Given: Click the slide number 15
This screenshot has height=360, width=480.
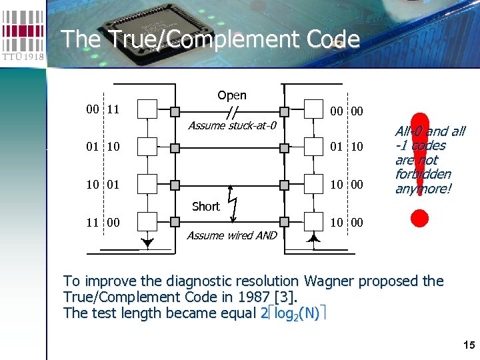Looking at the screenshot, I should pyautogui.click(x=468, y=345).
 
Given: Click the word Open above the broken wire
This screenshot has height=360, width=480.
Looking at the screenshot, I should pyautogui.click(x=232, y=95).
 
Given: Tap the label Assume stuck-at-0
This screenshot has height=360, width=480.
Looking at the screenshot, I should pyautogui.click(x=232, y=125).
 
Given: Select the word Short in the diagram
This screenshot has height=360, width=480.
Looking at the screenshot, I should pyautogui.click(x=205, y=207).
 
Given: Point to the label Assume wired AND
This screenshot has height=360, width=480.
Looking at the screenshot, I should pyautogui.click(x=232, y=235).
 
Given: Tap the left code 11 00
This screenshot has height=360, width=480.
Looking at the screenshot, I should pyautogui.click(x=103, y=222).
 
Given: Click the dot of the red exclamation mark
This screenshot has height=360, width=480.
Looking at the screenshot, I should pyautogui.click(x=421, y=217).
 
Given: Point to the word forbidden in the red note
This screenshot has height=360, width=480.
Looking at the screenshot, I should pyautogui.click(x=423, y=174).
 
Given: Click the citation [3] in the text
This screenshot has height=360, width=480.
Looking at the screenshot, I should pyautogui.click(x=288, y=297).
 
